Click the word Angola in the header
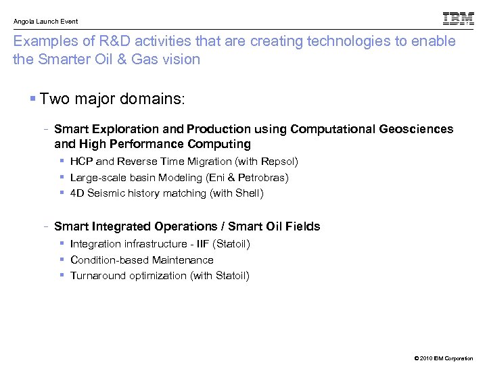click(24, 22)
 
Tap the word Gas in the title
click(150, 59)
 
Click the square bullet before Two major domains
click(33, 99)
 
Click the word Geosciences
click(419, 129)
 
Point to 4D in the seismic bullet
click(76, 193)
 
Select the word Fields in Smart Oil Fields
click(303, 226)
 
